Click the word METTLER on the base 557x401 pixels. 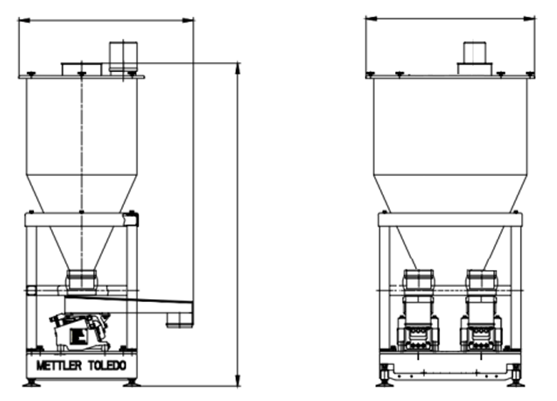59,365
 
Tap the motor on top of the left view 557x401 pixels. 123,56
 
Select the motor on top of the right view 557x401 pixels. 475,53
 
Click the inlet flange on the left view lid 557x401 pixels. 82,69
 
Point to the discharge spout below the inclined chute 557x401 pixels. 180,320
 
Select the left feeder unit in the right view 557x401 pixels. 418,311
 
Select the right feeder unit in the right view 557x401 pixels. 481,311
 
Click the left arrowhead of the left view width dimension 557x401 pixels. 23,20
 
